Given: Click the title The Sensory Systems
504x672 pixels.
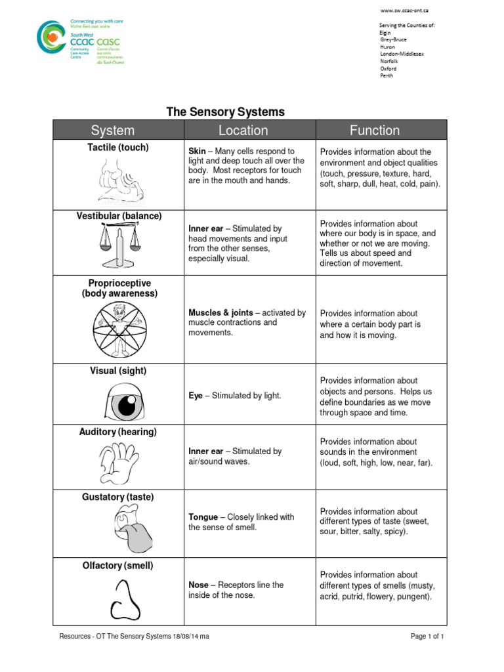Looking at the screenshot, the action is [225, 112].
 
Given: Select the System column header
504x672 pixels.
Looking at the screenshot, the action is [112, 130].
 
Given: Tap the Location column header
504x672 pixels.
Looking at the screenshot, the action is [243, 130].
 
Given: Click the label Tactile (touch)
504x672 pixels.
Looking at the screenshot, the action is [118, 148].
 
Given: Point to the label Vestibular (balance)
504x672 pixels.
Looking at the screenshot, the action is [118, 216].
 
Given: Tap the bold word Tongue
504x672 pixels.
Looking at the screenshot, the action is [203, 517].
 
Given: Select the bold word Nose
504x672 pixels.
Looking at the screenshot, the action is [198, 585].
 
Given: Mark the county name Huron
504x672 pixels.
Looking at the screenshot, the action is [387, 47].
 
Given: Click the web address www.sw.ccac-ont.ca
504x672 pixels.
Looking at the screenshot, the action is [405, 10].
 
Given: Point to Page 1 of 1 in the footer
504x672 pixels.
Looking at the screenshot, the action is [427, 637].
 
